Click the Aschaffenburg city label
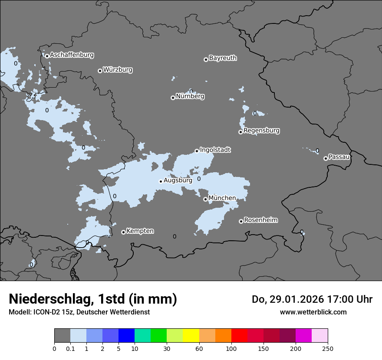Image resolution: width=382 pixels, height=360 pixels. click(x=72, y=55)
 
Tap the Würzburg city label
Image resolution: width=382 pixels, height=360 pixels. click(x=118, y=70)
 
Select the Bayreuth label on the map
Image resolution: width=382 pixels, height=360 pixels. click(x=223, y=58)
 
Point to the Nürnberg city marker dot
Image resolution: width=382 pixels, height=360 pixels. click(x=173, y=98)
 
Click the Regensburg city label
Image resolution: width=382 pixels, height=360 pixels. click(x=261, y=131)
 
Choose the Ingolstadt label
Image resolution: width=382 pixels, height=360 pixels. click(x=215, y=150)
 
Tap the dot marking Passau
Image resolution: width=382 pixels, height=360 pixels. click(x=326, y=158)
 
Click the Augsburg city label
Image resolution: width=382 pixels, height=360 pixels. click(x=178, y=180)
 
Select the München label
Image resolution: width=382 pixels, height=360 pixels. click(x=222, y=198)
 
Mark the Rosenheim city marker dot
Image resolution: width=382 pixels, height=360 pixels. click(x=241, y=221)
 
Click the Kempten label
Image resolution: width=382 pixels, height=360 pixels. click(x=140, y=231)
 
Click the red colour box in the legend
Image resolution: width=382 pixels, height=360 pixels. click(x=239, y=336)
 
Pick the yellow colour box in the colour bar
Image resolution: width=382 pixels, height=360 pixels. click(x=191, y=336)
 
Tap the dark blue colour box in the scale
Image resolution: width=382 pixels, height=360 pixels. click(x=126, y=336)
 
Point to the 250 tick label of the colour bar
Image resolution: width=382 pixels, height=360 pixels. click(x=328, y=348)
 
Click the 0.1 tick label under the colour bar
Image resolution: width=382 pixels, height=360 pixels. click(x=70, y=348)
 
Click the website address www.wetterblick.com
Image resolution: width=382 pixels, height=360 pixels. click(x=313, y=312)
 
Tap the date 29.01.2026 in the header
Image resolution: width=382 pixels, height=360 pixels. click(x=294, y=299)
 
